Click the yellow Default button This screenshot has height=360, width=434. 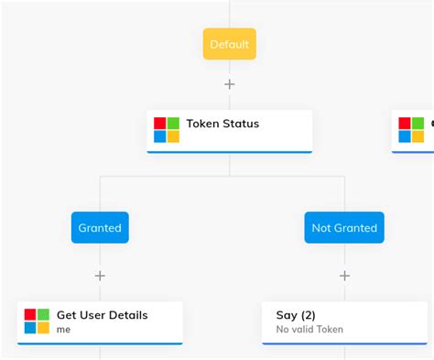point(229,44)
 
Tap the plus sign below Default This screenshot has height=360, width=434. point(229,84)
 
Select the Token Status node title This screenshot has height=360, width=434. point(222,125)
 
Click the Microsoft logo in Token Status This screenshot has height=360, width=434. point(167,130)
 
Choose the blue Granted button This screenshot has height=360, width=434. point(100,228)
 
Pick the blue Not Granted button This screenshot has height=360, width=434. point(344,228)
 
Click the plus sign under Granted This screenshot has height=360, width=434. point(100,276)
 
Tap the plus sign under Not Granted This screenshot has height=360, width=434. point(344,276)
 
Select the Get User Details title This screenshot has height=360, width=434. point(102,315)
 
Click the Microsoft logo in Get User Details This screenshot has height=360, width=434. point(37,322)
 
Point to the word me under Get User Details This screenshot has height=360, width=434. point(63,329)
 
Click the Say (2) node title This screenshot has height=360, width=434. point(296,315)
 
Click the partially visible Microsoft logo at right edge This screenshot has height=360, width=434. point(411,130)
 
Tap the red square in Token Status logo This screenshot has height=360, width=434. point(159,124)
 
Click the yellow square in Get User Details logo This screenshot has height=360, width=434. point(44,328)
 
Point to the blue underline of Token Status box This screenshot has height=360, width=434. point(229,152)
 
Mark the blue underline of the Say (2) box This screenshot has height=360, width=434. point(344,344)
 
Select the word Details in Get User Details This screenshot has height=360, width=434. point(129,315)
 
